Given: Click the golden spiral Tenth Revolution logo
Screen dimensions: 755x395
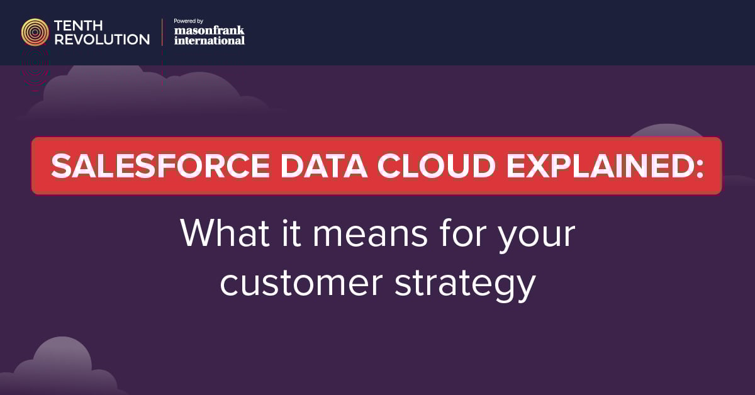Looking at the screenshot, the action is click(x=35, y=32).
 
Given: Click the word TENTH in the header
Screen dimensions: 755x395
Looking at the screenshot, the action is click(x=78, y=26).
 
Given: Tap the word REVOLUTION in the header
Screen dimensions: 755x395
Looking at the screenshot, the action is click(x=102, y=40).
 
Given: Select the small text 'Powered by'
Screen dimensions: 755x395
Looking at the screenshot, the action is click(x=188, y=21).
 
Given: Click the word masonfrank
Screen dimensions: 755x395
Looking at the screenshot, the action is click(x=209, y=30).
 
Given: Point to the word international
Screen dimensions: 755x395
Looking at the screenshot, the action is click(x=210, y=40).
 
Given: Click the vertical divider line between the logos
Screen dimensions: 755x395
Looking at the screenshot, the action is click(x=162, y=32).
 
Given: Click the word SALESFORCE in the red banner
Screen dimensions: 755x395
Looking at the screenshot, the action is click(x=160, y=166).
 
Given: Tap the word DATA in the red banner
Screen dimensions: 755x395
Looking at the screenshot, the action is click(x=323, y=166).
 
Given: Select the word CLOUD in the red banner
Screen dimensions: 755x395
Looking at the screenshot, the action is click(x=436, y=166).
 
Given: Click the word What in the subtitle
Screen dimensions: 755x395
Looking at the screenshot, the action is click(x=225, y=233).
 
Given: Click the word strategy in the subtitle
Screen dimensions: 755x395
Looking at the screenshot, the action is click(x=465, y=286).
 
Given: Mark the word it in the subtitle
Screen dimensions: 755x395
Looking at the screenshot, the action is click(x=291, y=233).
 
